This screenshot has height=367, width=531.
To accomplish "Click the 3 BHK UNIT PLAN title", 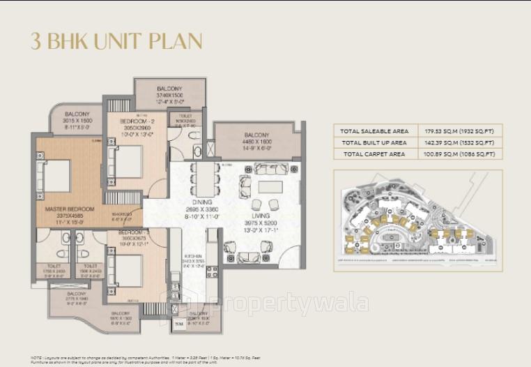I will pyautogui.click(x=116, y=40).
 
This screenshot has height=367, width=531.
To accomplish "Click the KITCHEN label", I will pyautogui.click(x=194, y=256).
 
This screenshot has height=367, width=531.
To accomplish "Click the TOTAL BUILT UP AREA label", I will pyautogui.click(x=373, y=142).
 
